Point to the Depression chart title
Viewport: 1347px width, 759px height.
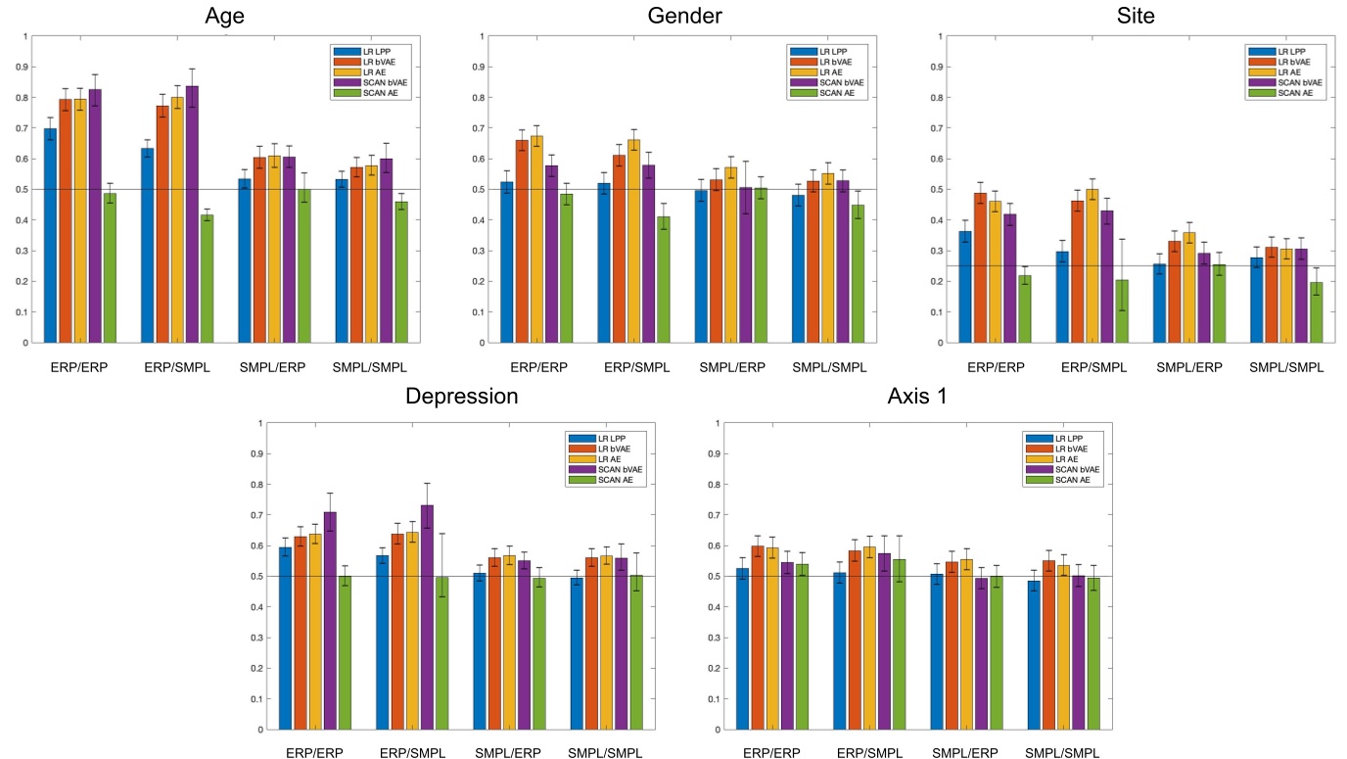[x=461, y=397]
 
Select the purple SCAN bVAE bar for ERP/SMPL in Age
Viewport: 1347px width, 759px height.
[x=192, y=215]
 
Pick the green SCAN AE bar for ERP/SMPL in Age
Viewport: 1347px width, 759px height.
[x=207, y=279]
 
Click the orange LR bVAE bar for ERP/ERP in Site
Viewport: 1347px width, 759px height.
[x=979, y=267]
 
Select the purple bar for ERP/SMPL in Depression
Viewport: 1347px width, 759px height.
[x=427, y=617]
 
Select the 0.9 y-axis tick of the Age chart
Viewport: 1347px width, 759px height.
[x=24, y=67]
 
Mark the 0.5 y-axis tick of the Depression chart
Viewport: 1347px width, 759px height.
[x=259, y=576]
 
